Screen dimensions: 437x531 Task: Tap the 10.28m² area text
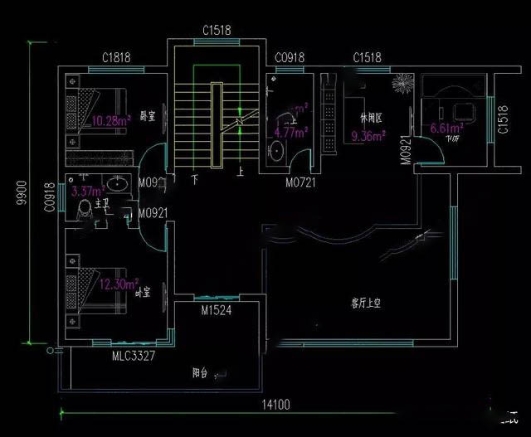(x=111, y=120)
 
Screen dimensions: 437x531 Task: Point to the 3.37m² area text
(x=87, y=190)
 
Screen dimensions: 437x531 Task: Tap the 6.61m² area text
(x=446, y=129)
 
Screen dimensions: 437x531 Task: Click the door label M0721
(x=301, y=182)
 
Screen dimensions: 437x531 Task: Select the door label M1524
(x=217, y=311)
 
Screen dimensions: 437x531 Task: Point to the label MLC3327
(x=134, y=355)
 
